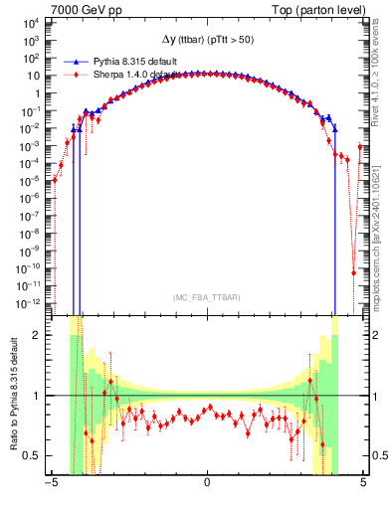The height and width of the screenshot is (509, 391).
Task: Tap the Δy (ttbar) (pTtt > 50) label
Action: [206, 39]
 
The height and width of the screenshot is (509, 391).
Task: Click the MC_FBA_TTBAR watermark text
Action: [206, 297]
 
